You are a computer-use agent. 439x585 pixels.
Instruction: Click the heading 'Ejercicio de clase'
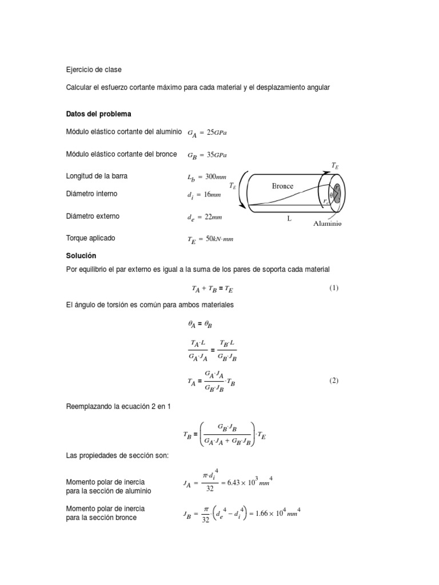(94, 70)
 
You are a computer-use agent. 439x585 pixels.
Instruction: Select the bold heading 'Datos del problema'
(99, 114)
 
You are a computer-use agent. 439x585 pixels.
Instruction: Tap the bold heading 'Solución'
(82, 255)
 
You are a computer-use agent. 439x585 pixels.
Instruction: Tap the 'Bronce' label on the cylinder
(282, 186)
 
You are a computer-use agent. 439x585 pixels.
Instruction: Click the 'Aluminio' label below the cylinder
(328, 224)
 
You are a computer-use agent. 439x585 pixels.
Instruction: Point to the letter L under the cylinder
(289, 219)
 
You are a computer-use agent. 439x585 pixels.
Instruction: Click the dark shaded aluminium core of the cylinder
(336, 193)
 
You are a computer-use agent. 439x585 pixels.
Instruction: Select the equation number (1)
(334, 288)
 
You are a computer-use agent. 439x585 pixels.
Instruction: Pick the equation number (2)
(334, 381)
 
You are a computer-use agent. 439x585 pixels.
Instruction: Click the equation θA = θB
(200, 324)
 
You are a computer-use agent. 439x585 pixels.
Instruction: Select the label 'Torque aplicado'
(91, 238)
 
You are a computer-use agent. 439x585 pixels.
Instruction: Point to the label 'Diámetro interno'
(92, 194)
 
